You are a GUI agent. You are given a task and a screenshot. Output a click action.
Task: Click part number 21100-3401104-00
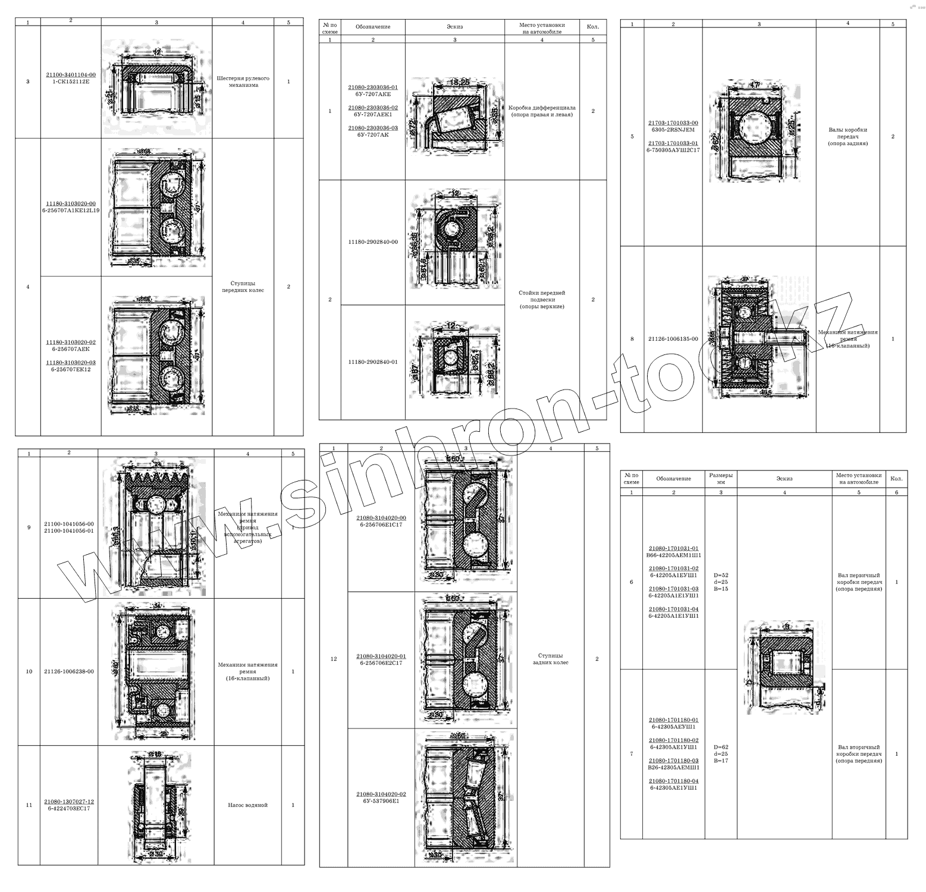coord(71,75)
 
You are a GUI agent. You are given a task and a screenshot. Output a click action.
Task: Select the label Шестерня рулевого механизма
coord(243,81)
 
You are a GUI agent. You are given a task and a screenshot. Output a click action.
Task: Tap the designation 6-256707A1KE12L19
coord(71,211)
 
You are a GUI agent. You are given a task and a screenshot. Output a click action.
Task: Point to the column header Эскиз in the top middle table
coord(455,27)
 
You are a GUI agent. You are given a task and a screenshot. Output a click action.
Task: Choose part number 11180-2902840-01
coord(373,362)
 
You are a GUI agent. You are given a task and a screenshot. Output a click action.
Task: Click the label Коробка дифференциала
coord(542,108)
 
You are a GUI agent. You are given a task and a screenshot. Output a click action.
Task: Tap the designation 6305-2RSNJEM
coord(673,130)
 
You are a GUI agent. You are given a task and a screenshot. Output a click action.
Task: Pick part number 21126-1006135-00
coord(673,339)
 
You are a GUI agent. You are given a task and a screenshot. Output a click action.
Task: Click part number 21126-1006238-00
coord(69,671)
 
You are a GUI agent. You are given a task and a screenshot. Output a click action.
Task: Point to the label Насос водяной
coord(247,805)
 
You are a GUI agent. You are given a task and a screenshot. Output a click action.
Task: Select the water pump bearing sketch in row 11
coord(156,806)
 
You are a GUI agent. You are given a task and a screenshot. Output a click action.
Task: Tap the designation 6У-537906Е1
coord(381,801)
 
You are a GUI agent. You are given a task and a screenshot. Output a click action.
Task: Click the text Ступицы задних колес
coord(551,659)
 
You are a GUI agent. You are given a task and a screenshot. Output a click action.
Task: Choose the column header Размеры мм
coord(721,479)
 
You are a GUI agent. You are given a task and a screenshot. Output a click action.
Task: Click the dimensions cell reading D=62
coord(721,747)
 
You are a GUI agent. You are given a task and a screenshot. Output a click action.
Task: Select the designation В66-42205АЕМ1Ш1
coord(674,555)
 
